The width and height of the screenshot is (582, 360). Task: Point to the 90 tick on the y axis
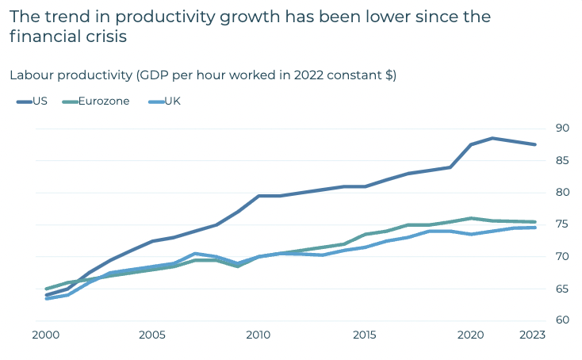[562, 128]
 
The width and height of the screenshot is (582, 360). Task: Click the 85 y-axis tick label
[562, 160]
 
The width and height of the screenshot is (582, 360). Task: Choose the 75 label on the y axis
[562, 224]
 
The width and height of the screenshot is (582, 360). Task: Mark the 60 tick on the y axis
[562, 320]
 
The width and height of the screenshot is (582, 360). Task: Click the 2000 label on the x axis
[47, 335]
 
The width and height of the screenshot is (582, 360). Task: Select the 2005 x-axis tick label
[152, 335]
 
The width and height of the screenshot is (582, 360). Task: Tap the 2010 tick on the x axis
[258, 335]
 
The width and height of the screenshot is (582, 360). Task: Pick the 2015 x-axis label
[365, 335]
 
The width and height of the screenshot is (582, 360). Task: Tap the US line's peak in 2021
[492, 138]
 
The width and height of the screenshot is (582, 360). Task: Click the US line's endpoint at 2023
[535, 144]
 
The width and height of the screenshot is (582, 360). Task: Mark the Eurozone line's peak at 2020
[471, 218]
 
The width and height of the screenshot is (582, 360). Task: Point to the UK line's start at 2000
[47, 299]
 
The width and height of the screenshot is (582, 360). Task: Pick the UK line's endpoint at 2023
[535, 228]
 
